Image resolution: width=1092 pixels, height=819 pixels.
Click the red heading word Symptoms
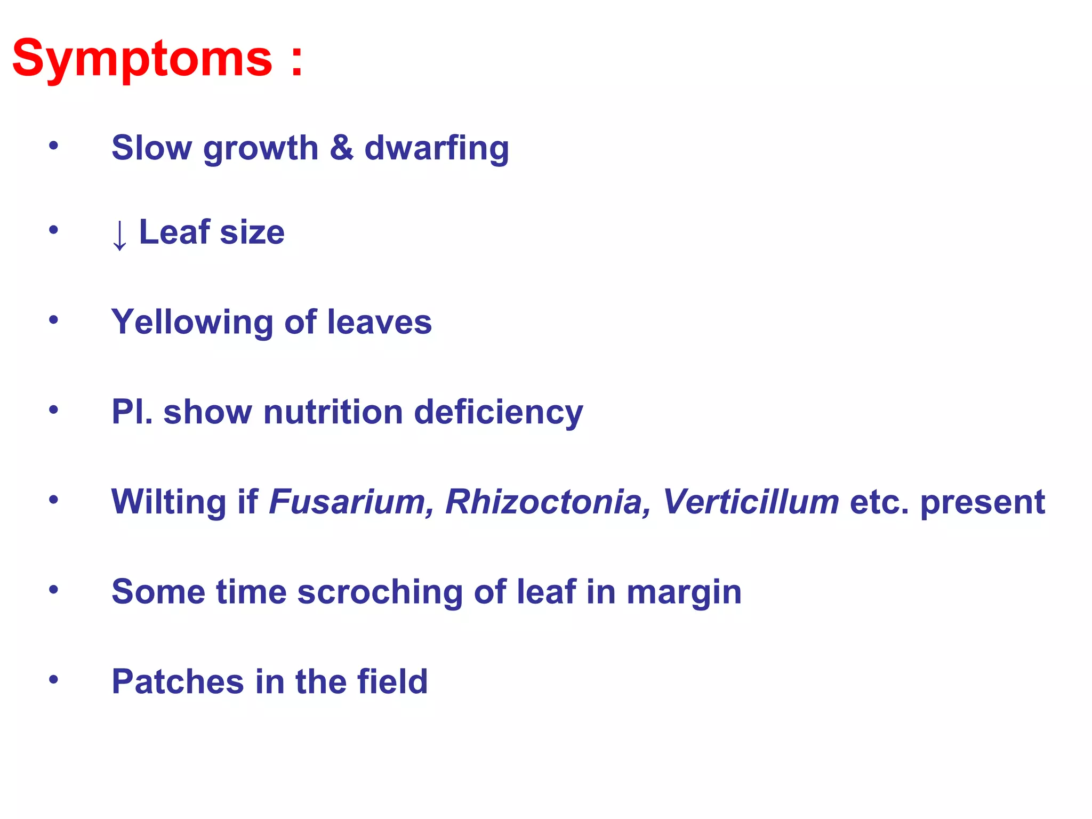pyautogui.click(x=142, y=59)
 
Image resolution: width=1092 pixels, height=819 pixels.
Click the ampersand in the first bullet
pyautogui.click(x=341, y=147)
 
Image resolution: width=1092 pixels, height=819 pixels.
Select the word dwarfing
pyautogui.click(x=437, y=149)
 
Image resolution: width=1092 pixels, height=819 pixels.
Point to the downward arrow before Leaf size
pyautogui.click(x=119, y=234)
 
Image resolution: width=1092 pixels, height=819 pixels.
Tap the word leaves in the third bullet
pyautogui.click(x=379, y=322)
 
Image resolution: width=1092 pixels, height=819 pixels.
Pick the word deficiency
pyautogui.click(x=499, y=413)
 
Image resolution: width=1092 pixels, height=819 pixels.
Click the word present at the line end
pyautogui.click(x=983, y=503)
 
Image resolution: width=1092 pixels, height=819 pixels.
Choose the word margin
pyautogui.click(x=684, y=593)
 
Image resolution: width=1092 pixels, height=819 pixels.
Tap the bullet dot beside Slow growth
pyautogui.click(x=53, y=145)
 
